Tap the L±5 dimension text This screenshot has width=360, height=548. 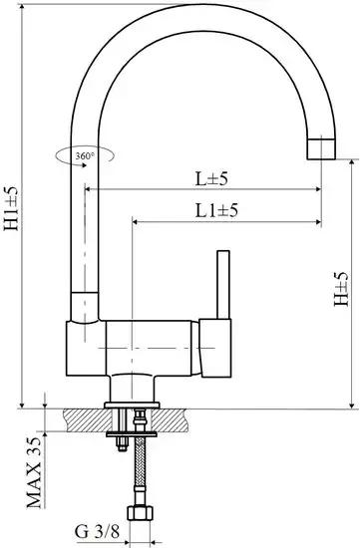coord(212,178)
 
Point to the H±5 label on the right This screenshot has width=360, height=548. coord(342,290)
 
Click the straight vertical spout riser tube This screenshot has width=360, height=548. coord(85,229)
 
